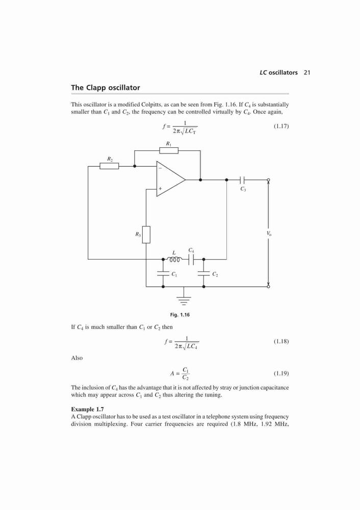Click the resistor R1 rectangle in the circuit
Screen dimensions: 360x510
pos(169,150)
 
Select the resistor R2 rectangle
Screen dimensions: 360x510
pos(109,166)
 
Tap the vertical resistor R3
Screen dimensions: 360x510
pos(146,235)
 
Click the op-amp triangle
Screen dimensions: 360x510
pos(171,179)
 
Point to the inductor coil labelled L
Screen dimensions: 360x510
pos(174,260)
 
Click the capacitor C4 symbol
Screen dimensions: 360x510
pos(191,259)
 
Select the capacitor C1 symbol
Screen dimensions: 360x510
pos(163,274)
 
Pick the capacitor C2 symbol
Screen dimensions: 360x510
pos(203,274)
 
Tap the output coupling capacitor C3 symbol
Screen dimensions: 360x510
pos(242,180)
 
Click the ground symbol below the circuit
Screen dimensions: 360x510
pos(184,300)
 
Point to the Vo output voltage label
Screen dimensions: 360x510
pos(269,233)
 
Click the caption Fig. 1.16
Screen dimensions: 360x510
pos(180,315)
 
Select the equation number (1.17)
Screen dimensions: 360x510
pos(281,126)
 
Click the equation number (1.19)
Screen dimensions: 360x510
pos(281,373)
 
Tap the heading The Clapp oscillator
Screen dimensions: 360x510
pos(106,88)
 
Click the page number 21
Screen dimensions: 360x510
pos(307,72)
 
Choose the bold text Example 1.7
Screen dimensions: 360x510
pos(88,409)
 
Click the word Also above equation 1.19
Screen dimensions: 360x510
pos(77,358)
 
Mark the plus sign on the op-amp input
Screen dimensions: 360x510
pos(160,188)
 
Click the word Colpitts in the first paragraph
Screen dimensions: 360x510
pos(152,105)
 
